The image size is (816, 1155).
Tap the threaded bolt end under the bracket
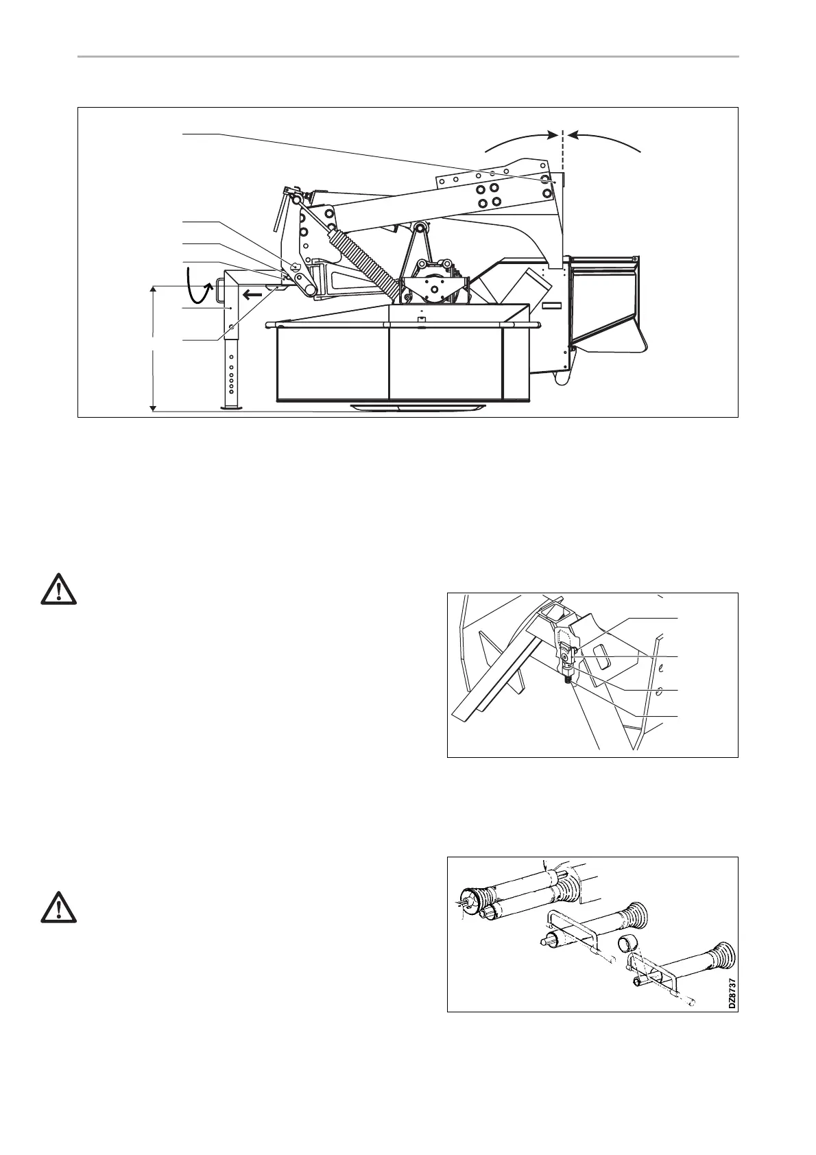click(x=568, y=680)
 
